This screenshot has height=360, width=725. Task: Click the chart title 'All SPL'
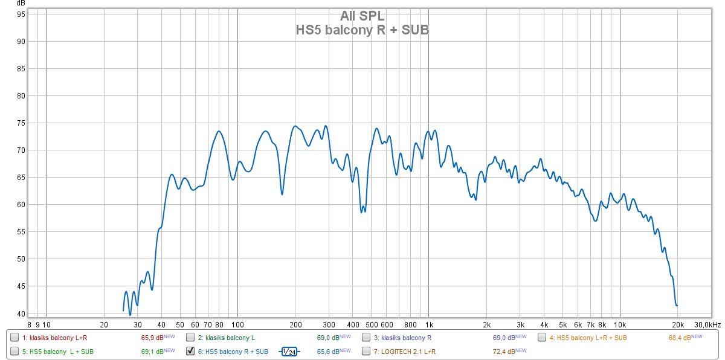point(362,16)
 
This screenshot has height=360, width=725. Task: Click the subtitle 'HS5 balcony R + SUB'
point(362,30)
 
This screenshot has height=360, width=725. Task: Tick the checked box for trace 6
point(190,351)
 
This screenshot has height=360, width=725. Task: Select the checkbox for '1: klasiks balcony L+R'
point(14,337)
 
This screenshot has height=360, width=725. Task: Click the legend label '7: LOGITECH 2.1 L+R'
point(407,351)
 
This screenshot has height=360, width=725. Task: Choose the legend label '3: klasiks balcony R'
point(402,337)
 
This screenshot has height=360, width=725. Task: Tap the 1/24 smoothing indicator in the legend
point(289,351)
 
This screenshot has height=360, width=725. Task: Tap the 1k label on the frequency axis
point(428,324)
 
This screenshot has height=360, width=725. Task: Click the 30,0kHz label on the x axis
point(707,324)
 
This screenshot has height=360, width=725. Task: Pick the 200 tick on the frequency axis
point(295,324)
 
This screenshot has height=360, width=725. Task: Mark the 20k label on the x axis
point(677,324)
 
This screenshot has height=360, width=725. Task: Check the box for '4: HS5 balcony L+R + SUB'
point(542,337)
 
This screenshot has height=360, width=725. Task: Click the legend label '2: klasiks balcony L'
point(228,337)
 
